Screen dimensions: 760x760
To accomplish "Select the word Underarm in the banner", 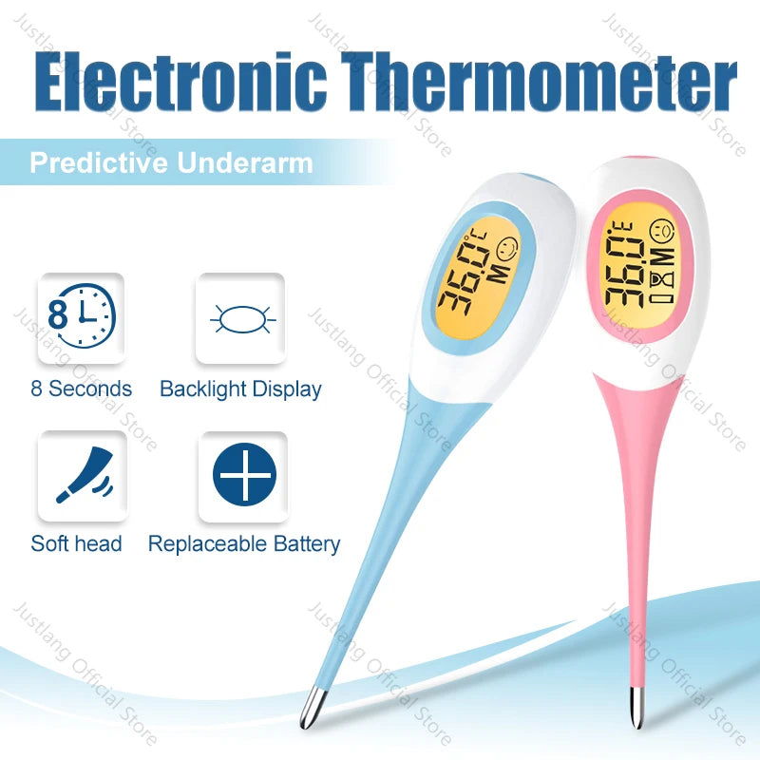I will (245, 162).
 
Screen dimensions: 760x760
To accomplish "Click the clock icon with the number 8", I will (81, 318).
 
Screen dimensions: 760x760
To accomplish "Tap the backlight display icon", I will (240, 318).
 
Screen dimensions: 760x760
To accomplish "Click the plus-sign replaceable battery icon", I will (243, 475).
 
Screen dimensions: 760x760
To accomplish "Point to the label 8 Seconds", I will (82, 389).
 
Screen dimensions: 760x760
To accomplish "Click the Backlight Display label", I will (240, 389).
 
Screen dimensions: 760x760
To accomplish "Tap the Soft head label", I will (77, 543).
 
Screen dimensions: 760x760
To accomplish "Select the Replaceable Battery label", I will (244, 544).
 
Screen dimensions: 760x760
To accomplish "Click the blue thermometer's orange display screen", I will (479, 275).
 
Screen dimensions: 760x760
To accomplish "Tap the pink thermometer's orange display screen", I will (637, 261).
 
